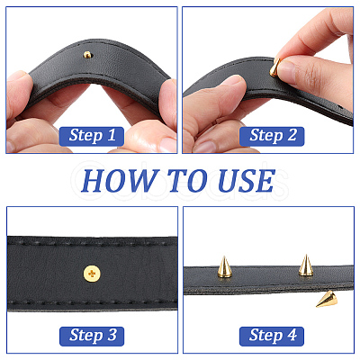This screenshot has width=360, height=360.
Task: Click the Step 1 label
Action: pos(92,137)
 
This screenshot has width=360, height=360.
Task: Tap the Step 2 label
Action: pos(272,137)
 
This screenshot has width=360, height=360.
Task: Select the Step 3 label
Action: pos(92,337)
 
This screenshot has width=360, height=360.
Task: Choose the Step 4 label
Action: pos(272,337)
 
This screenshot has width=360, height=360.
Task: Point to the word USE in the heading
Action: pos(247,181)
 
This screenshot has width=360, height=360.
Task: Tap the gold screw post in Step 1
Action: pos(87,55)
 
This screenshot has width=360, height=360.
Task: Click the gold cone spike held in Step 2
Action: pos(274,67)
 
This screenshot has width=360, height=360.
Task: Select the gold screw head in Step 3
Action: pos(92,274)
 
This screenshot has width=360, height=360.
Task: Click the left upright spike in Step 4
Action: pos(224,267)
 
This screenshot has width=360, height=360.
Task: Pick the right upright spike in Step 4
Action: pos(306,265)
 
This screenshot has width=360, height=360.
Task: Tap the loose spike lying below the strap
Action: pos(326,300)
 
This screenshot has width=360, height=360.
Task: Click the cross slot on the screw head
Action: pos(92,274)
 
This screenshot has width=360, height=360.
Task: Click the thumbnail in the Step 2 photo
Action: pos(233,82)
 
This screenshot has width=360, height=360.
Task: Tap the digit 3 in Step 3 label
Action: pos(112,335)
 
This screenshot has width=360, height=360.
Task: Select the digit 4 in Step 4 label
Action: pos(292,335)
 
